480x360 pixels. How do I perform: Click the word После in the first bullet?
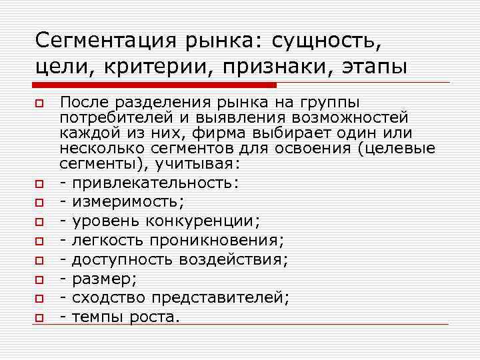click(x=80, y=103)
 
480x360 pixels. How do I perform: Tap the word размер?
click(x=97, y=279)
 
